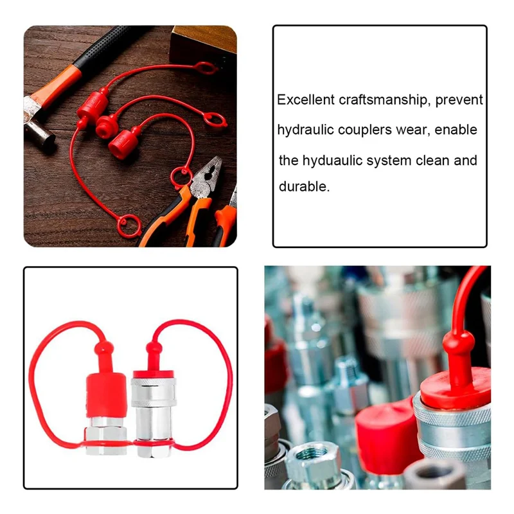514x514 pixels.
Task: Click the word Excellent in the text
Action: coord(306,100)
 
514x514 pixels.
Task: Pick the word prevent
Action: coord(459,100)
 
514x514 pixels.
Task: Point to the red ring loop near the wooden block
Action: coord(205,67)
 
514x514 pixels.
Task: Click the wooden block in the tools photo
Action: coord(203,42)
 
